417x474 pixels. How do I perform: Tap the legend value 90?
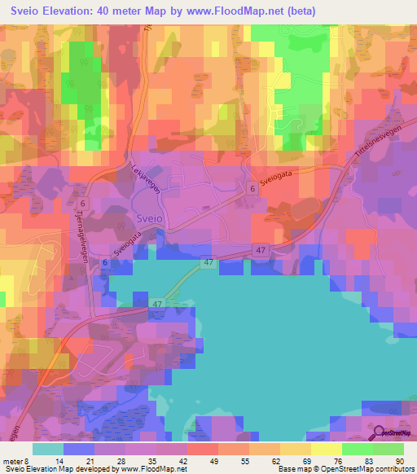coord(399,460)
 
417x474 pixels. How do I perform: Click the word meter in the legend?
coord(11,460)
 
